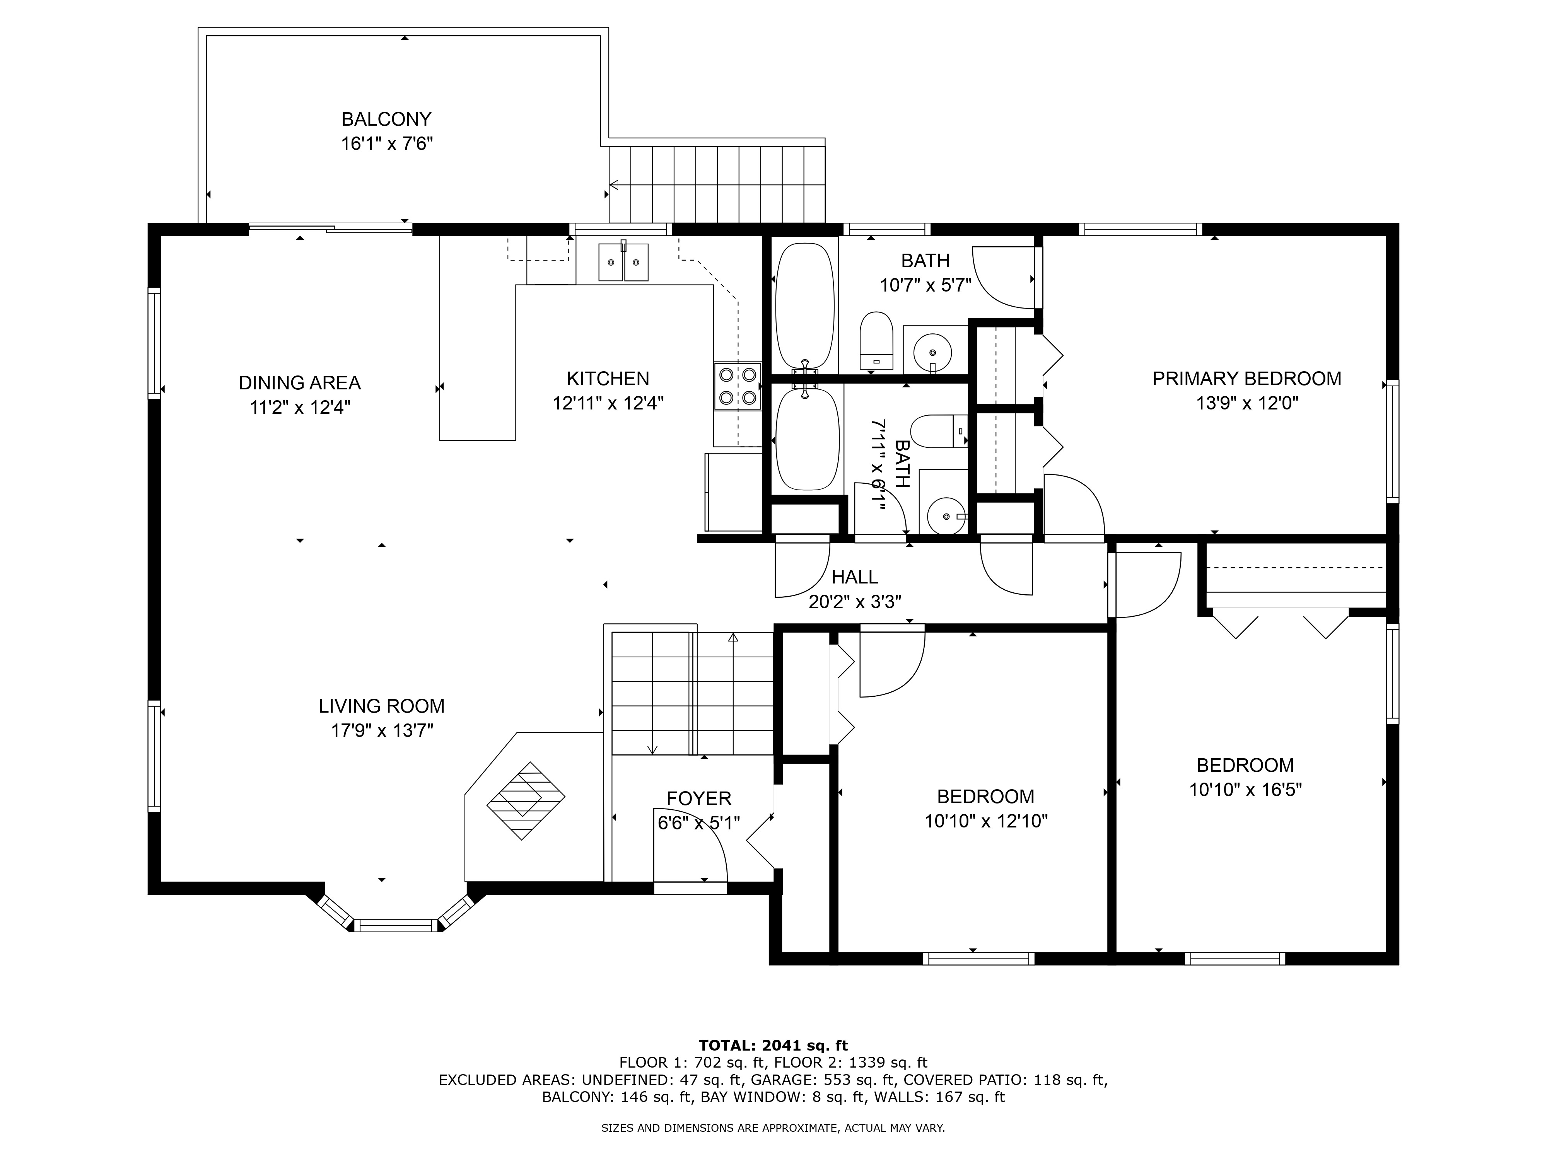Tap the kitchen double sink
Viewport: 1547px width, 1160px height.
coord(623,262)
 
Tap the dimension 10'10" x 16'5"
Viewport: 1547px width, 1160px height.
coord(1246,790)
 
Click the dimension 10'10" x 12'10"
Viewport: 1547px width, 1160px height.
coord(986,821)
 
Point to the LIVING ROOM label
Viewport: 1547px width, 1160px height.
coord(382,706)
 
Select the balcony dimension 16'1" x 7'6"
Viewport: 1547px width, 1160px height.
coord(387,144)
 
